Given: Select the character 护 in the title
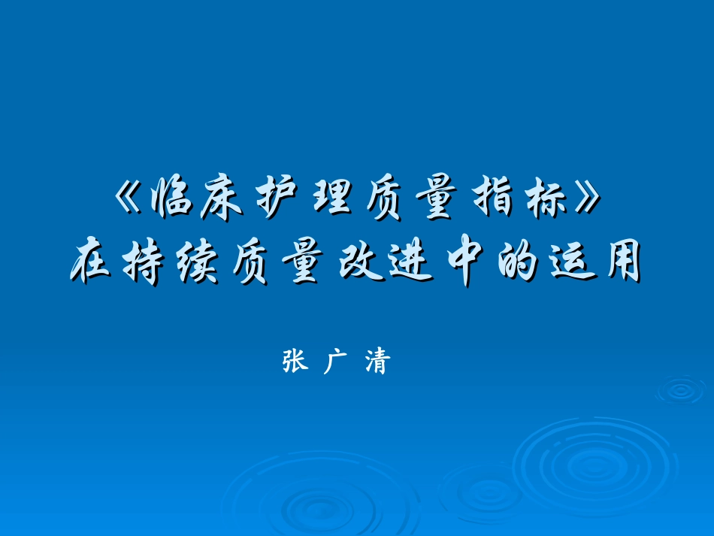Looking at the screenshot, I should click(276, 200).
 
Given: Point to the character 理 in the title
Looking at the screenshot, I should click(330, 200).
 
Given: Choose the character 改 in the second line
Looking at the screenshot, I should click(357, 264).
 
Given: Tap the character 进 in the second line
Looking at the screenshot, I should click(410, 264).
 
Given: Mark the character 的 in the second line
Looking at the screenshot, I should click(516, 264).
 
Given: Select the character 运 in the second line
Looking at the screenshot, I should click(569, 264).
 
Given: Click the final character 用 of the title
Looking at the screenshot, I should click(621, 264).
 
